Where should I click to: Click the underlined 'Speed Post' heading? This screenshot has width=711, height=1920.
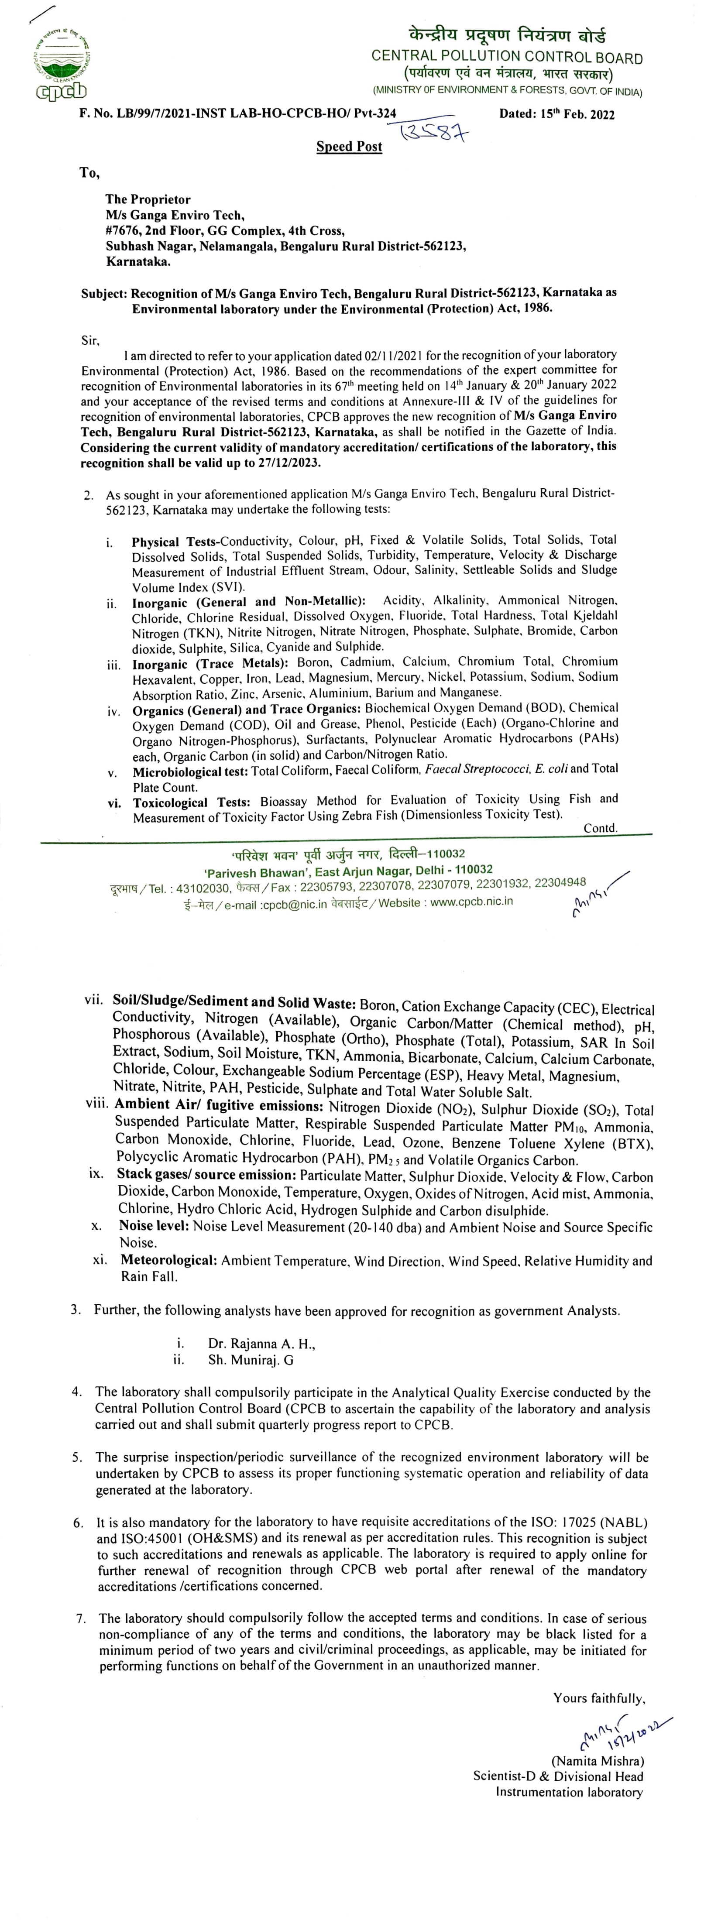[x=349, y=147]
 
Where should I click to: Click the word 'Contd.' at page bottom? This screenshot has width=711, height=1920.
[x=600, y=828]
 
